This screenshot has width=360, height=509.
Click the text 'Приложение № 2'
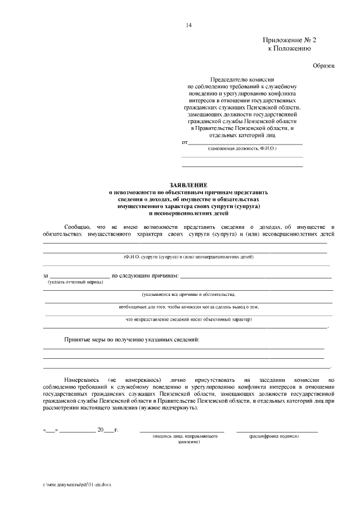(x=289, y=40)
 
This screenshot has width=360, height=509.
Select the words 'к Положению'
(x=289, y=49)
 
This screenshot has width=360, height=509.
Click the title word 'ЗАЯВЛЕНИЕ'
(x=188, y=185)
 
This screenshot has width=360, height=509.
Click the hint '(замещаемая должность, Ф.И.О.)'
(x=242, y=148)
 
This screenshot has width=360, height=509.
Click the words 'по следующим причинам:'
(x=145, y=276)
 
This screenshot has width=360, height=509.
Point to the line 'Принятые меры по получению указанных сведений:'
(x=131, y=340)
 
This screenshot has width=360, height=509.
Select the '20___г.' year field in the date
(x=107, y=430)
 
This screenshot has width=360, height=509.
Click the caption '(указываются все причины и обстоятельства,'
(x=188, y=294)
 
